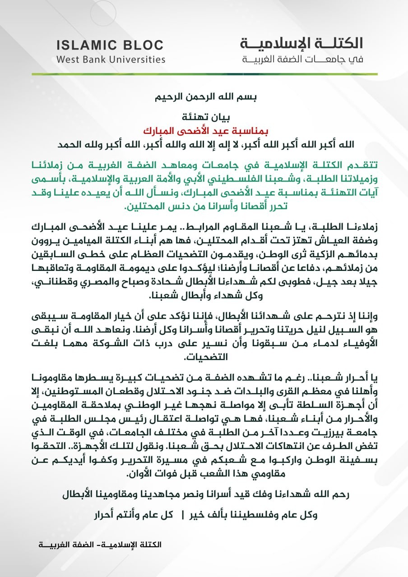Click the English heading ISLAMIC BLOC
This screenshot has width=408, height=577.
(110, 45)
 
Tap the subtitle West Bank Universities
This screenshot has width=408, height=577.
(111, 59)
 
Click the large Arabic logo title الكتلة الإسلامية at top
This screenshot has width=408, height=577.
(301, 44)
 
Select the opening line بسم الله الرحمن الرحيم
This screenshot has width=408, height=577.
(203, 97)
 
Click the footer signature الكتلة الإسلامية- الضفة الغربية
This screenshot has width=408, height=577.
(100, 545)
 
